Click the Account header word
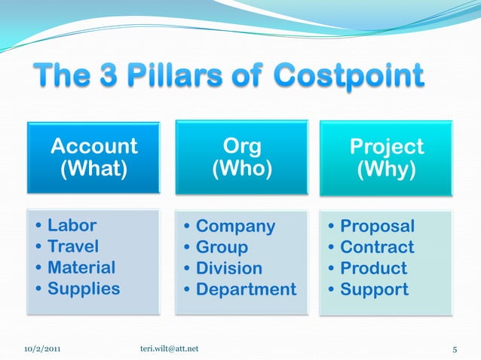click(93, 145)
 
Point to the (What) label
click(93, 169)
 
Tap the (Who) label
click(241, 169)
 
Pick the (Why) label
click(386, 169)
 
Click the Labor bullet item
click(72, 225)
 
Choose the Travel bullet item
click(73, 246)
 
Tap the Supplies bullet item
click(83, 288)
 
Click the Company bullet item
click(235, 226)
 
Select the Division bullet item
click(229, 268)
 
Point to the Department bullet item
click(246, 289)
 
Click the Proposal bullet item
click(377, 226)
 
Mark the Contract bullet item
click(377, 247)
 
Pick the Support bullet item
click(374, 289)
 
